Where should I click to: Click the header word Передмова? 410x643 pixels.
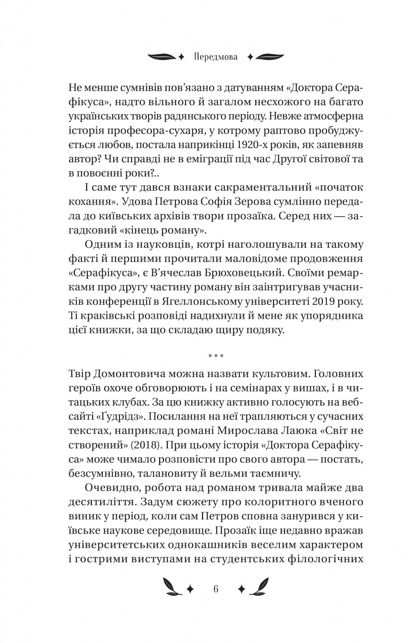click(x=215, y=57)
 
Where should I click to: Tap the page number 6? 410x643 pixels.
click(x=216, y=589)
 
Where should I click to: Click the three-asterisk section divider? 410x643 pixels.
click(x=216, y=356)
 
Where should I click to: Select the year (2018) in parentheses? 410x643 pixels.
click(x=144, y=445)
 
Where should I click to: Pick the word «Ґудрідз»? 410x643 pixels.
click(x=120, y=417)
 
